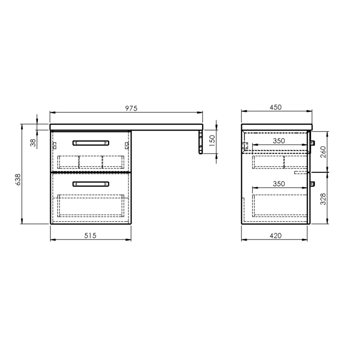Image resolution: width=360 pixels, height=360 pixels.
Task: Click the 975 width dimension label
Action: point(131,108)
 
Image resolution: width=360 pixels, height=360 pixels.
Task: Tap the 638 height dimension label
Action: point(18,180)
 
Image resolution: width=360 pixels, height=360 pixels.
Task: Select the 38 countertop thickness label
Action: point(34,143)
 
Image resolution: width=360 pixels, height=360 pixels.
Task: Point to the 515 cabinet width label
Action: point(90,236)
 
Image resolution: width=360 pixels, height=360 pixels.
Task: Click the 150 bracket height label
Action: point(212,141)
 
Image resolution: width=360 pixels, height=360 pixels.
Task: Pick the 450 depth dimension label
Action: point(276,107)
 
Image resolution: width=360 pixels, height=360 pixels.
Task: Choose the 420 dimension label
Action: point(276,236)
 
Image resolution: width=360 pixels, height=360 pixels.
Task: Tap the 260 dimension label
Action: point(323,152)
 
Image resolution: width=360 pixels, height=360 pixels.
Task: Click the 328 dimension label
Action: point(323,199)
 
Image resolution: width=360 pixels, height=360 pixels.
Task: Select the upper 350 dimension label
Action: point(279,141)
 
